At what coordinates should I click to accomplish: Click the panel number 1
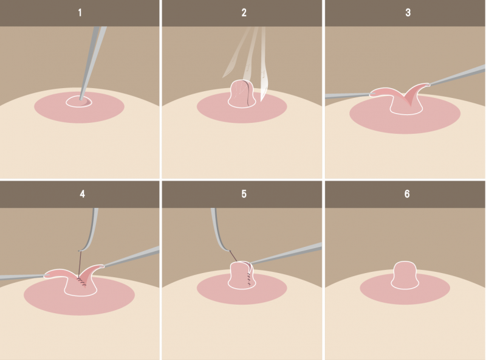80,13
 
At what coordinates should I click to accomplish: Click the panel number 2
244,13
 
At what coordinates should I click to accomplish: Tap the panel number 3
408,13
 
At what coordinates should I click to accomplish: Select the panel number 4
82,194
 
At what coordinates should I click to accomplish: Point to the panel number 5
244,194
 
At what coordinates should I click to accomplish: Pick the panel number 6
407,194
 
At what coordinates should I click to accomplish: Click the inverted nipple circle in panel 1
79,102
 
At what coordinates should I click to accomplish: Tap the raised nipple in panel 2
242,94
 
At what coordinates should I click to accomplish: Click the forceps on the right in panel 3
457,75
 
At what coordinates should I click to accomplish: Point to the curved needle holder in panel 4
91,231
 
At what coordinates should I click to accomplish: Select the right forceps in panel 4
132,257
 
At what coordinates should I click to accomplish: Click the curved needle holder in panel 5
220,231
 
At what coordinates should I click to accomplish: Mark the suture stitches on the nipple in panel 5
248,278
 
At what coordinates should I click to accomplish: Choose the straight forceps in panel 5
285,253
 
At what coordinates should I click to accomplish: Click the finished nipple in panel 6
405,275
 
